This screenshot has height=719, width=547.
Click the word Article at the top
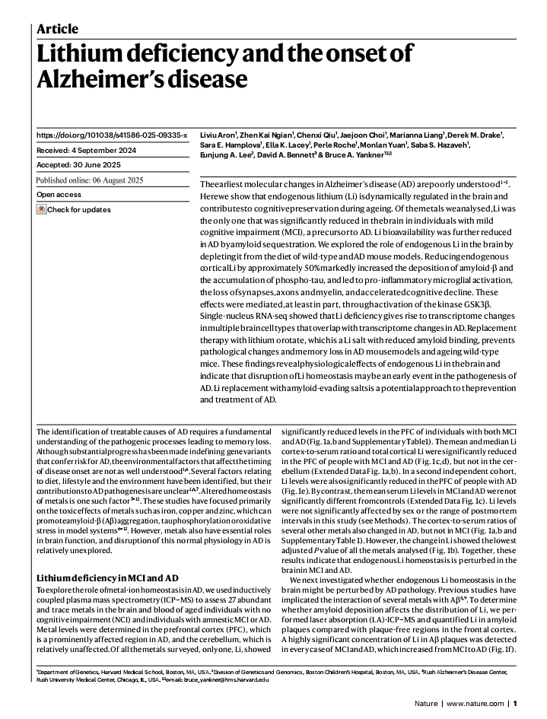coord(58,29)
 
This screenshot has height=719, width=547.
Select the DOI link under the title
coord(111,135)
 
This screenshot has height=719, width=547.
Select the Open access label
coord(59,195)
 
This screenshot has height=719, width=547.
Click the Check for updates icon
coord(41,209)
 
